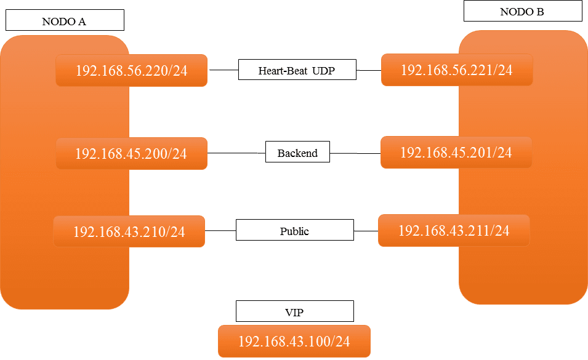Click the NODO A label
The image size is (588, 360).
coord(64,21)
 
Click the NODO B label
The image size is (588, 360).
coord(522,11)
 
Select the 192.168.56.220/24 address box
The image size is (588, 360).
coord(131,71)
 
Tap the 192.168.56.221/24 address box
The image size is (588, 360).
coord(456,70)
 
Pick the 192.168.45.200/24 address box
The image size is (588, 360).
coord(131,153)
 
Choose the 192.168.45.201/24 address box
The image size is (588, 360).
coord(456,152)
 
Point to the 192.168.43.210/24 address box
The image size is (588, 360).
coord(129,231)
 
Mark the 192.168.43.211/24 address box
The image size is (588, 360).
coord(454,231)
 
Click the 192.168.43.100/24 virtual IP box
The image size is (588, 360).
coord(294,342)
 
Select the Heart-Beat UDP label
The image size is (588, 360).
coord(297,70)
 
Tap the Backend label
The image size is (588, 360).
coord(297,153)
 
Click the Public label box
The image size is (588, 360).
coord(294,231)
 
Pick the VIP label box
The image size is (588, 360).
coord(294,312)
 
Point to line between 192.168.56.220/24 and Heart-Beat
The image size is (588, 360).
coord(224,71)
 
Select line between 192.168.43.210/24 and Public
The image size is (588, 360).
coord(220,231)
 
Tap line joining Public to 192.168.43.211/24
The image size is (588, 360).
coord(366,231)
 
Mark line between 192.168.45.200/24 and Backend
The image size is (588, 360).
coord(236,153)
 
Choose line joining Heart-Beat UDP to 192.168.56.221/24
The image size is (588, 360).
coord(369,70)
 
